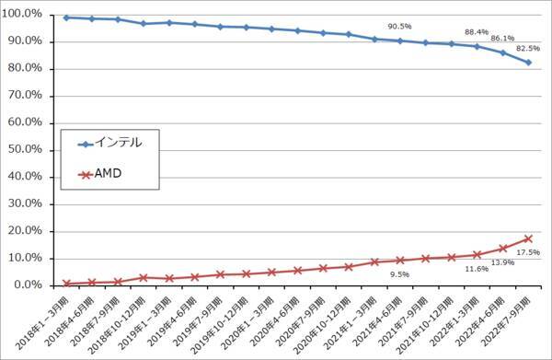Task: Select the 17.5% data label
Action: click(528, 252)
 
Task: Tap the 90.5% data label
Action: click(398, 27)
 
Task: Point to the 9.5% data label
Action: click(398, 273)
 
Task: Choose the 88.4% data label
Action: click(476, 32)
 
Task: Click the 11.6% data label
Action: click(477, 269)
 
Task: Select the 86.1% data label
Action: click(502, 39)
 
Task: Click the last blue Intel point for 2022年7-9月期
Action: click(528, 63)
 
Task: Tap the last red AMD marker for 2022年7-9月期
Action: click(528, 238)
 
